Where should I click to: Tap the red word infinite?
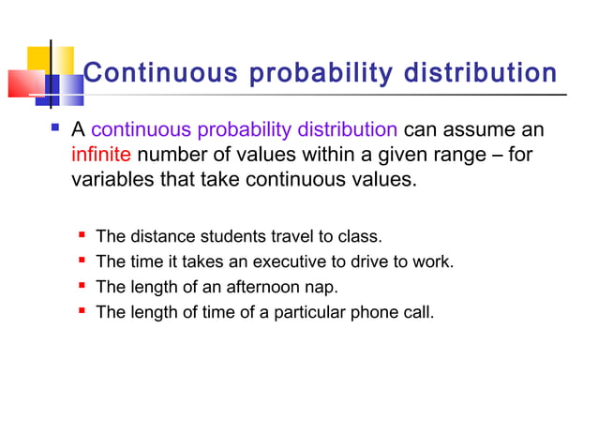click(101, 154)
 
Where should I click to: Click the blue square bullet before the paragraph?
click(54, 127)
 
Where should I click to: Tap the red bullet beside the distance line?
click(82, 234)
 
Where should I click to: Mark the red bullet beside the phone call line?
click(82, 310)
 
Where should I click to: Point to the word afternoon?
click(252, 287)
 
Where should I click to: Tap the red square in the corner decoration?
click(24, 83)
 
